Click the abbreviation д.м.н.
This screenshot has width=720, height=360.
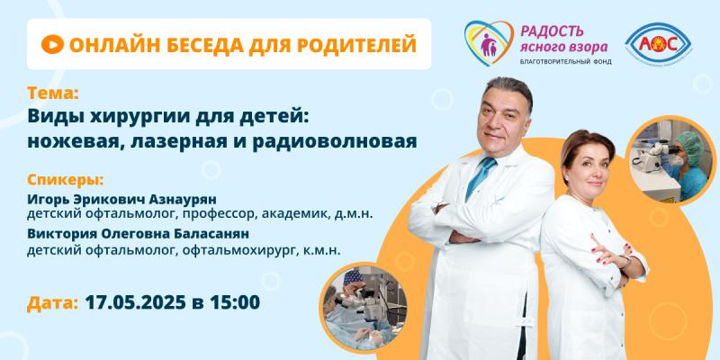[x=355, y=213]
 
